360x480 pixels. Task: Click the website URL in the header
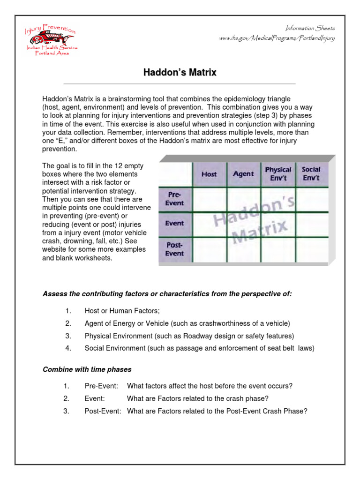pos(277,38)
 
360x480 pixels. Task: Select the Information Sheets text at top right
pos(311,28)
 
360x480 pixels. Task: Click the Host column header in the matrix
pos(209,174)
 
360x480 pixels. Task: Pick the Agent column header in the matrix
pos(243,173)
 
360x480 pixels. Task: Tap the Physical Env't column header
pos(278,173)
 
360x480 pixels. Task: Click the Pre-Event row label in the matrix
pos(174,199)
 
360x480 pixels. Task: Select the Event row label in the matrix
pos(174,224)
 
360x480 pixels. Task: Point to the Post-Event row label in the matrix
pos(174,249)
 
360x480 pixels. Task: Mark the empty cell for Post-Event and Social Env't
pos(311,249)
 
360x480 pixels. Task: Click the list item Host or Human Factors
pos(122,311)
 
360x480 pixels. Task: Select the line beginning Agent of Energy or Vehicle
pos(187,323)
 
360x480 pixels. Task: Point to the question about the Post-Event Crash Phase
pos(217,411)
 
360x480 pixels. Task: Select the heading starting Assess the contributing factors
pos(167,294)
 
